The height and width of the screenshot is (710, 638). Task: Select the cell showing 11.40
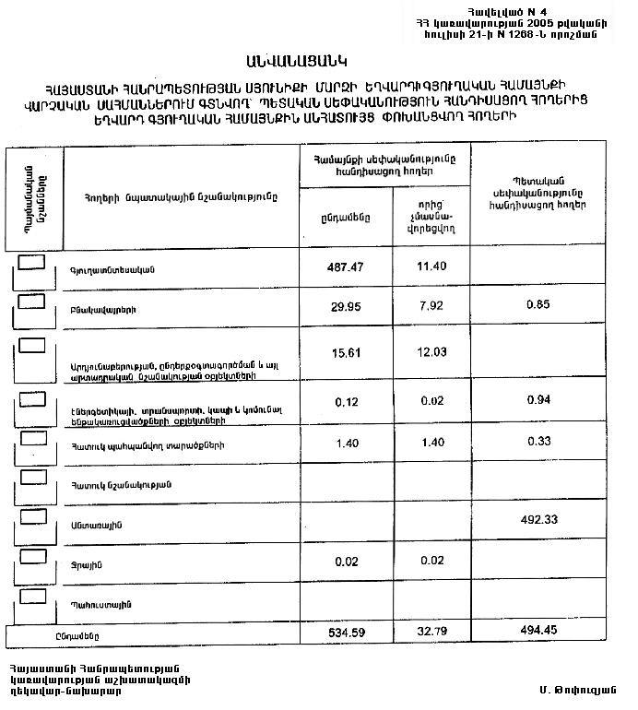pyautogui.click(x=430, y=266)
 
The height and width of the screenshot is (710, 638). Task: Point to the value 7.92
pyautogui.click(x=430, y=305)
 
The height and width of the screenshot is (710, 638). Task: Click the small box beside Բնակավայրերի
pyautogui.click(x=33, y=299)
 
